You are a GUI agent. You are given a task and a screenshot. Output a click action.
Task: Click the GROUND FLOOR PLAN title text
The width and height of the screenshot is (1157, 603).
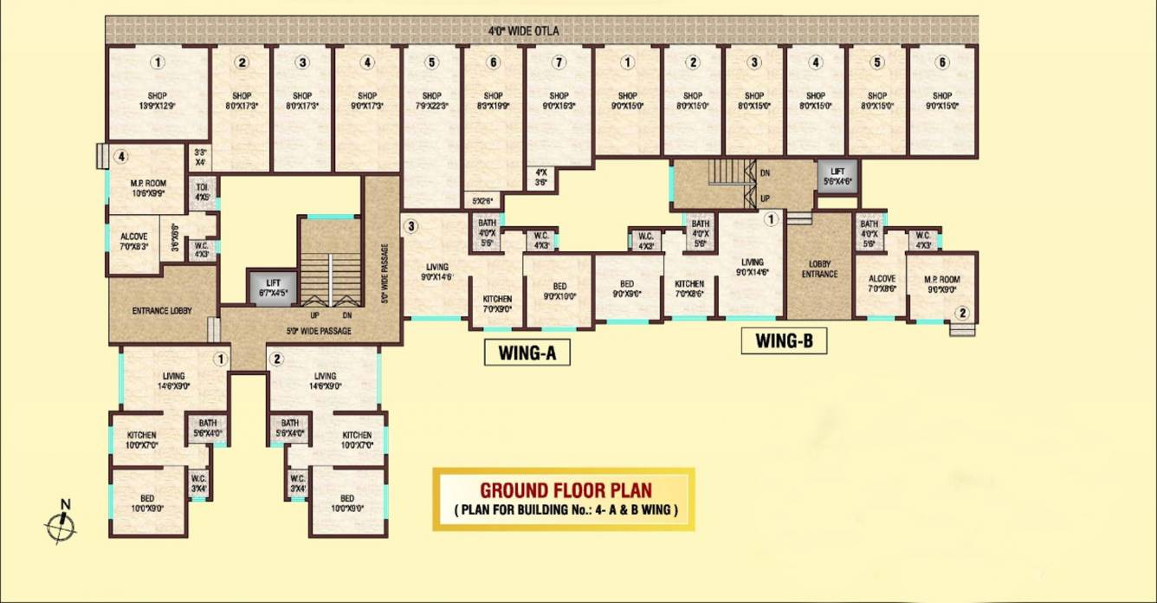pyautogui.click(x=566, y=490)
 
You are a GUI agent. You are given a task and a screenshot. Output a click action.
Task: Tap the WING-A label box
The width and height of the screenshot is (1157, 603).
pyautogui.click(x=527, y=353)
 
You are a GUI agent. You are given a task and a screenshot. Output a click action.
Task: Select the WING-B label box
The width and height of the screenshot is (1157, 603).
pyautogui.click(x=784, y=340)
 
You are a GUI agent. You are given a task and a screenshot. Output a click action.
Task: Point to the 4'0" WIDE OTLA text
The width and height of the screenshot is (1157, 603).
pyautogui.click(x=523, y=32)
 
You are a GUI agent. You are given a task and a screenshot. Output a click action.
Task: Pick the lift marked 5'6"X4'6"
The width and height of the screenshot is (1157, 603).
pyautogui.click(x=837, y=177)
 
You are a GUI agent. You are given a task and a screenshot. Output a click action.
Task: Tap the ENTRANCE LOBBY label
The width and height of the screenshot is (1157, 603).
pyautogui.click(x=162, y=310)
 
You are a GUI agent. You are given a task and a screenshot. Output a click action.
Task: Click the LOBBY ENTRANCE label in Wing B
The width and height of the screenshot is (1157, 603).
pyautogui.click(x=819, y=269)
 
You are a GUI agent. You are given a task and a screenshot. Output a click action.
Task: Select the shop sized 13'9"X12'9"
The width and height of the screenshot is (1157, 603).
pyautogui.click(x=157, y=100)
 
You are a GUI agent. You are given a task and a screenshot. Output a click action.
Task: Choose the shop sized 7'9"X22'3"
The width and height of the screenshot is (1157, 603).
pyautogui.click(x=431, y=100)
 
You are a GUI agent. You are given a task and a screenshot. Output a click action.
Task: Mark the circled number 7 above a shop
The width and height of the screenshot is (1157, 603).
pyautogui.click(x=559, y=62)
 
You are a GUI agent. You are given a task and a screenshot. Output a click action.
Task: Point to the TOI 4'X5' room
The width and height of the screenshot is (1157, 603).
pyautogui.click(x=202, y=192)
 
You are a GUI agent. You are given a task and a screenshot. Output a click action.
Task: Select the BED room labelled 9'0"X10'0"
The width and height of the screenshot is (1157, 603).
pyautogui.click(x=559, y=290)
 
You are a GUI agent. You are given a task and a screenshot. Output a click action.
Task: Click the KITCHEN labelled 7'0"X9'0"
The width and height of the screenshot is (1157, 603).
pyautogui.click(x=497, y=303)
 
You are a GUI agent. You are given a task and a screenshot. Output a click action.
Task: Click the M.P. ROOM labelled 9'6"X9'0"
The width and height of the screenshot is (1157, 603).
pyautogui.click(x=942, y=285)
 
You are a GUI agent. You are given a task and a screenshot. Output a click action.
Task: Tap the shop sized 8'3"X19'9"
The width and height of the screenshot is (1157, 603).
pyautogui.click(x=493, y=100)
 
